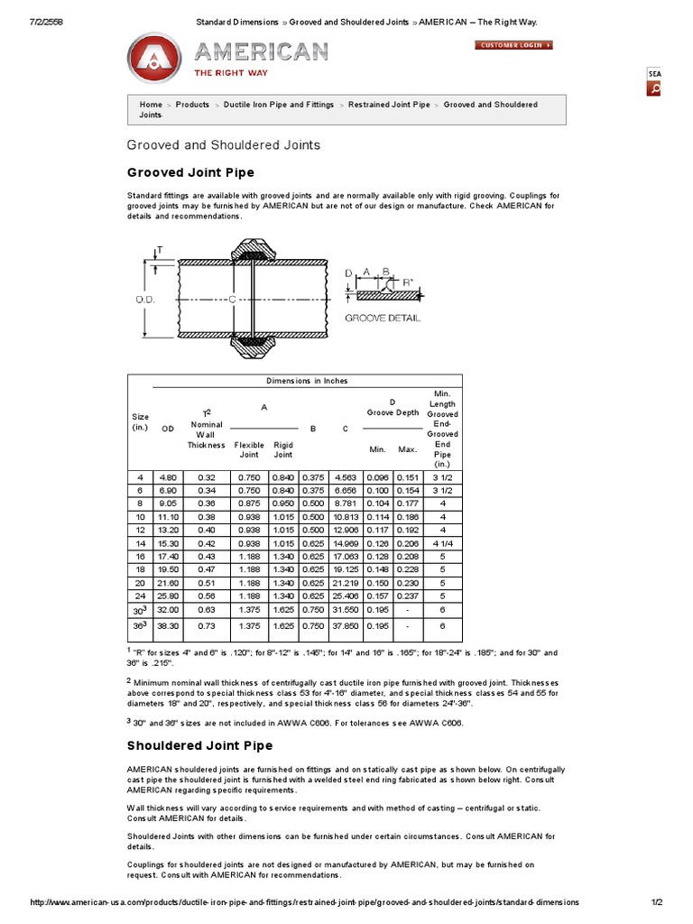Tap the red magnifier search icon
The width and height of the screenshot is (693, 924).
pos(654,88)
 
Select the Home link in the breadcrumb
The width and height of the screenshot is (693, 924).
pos(151,105)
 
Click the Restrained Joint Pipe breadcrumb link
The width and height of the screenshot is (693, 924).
pos(389,105)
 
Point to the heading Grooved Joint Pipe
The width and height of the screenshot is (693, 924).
pos(189,172)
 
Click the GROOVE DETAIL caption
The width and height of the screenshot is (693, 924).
pos(382,318)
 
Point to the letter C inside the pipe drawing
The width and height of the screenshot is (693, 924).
pos(232,299)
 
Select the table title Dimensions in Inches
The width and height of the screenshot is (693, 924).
pos(307,381)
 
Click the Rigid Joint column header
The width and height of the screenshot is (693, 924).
pos(283,449)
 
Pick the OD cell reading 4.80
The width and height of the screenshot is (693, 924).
pos(168,476)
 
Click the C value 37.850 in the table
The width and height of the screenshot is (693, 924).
pos(346,624)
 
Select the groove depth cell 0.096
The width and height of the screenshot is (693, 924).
pos(377,476)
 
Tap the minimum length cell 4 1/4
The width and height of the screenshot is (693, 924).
pos(443,545)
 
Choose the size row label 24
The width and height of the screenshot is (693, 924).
pos(140,596)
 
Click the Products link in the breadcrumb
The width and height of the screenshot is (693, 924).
pos(192,105)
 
